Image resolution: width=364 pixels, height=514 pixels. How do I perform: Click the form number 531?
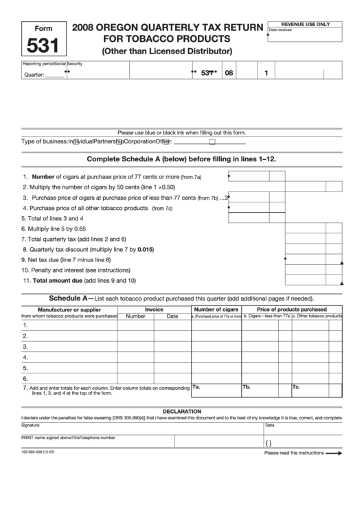[43, 47]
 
